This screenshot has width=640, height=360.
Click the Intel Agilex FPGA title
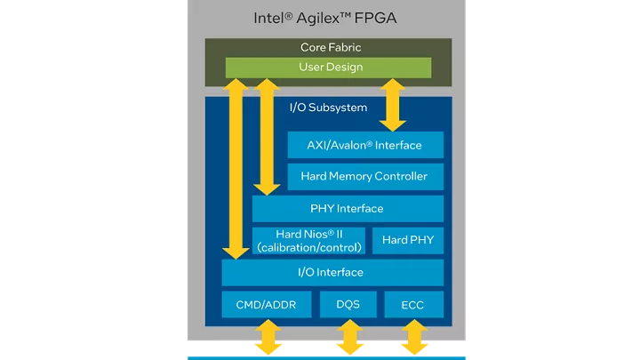(327, 18)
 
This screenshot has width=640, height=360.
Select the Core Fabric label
(330, 47)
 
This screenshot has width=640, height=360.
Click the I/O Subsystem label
(328, 108)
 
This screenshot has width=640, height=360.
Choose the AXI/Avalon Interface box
(364, 145)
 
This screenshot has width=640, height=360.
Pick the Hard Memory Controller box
(364, 176)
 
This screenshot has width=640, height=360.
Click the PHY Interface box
(347, 209)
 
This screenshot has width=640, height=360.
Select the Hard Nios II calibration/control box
(308, 241)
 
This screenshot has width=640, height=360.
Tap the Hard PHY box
(407, 240)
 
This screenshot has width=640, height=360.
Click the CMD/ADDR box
(267, 305)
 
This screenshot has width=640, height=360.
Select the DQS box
(348, 305)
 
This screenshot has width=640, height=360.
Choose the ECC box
(413, 305)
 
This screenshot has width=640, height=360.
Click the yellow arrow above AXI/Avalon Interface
(393, 105)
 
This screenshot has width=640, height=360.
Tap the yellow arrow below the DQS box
(348, 338)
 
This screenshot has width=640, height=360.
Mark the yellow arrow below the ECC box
(413, 338)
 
